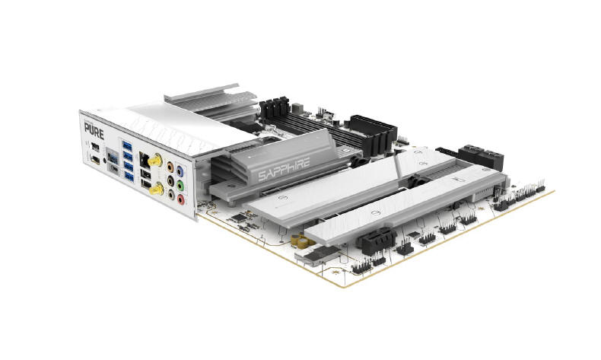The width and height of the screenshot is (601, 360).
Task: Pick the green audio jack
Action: tap(180, 183)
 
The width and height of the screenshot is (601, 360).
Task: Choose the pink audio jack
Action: tap(181, 197)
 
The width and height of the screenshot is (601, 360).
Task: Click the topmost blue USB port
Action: tap(126, 145)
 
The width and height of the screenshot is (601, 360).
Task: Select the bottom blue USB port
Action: tap(129, 179)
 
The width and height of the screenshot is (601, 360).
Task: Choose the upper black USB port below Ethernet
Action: tap(144, 173)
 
